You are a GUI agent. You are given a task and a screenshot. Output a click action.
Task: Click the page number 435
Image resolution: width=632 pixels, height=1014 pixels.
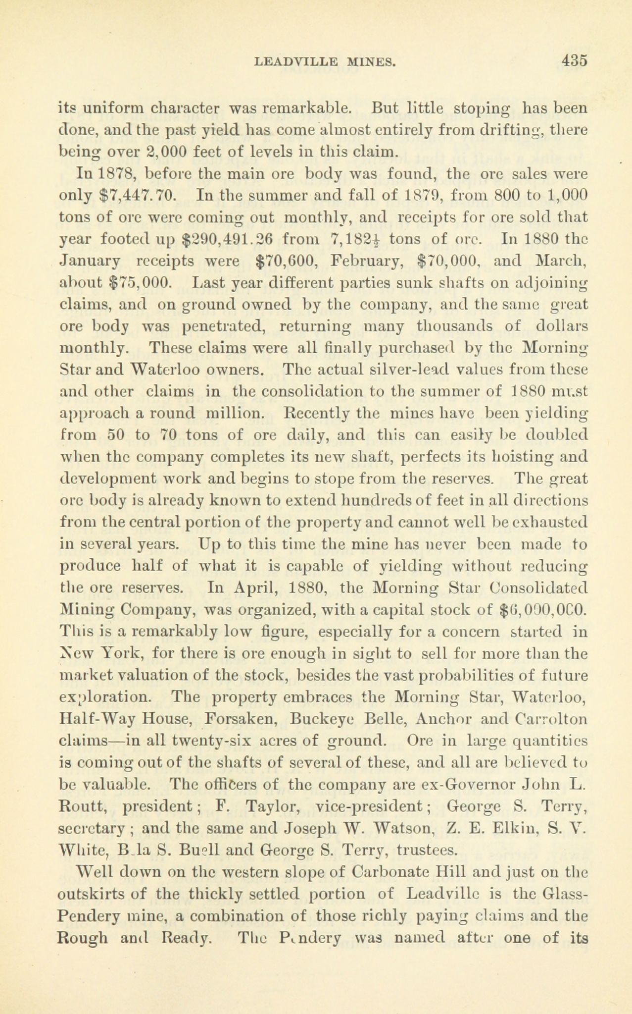tap(574, 61)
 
